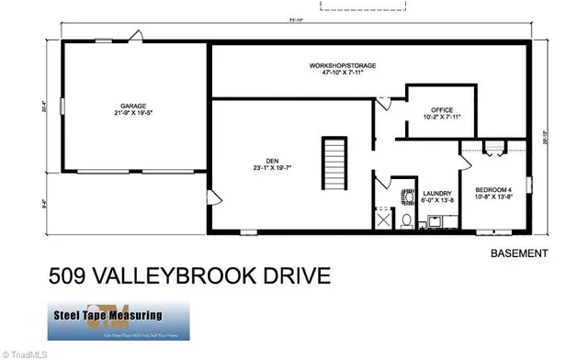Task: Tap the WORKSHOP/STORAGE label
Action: [x=342, y=66]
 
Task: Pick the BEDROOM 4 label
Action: [x=492, y=190]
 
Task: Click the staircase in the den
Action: [x=334, y=162]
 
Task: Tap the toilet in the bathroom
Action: [x=405, y=220]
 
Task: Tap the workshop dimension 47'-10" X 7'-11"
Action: [x=342, y=74]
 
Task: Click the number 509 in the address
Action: [x=70, y=276]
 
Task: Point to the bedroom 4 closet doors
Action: [x=492, y=146]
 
